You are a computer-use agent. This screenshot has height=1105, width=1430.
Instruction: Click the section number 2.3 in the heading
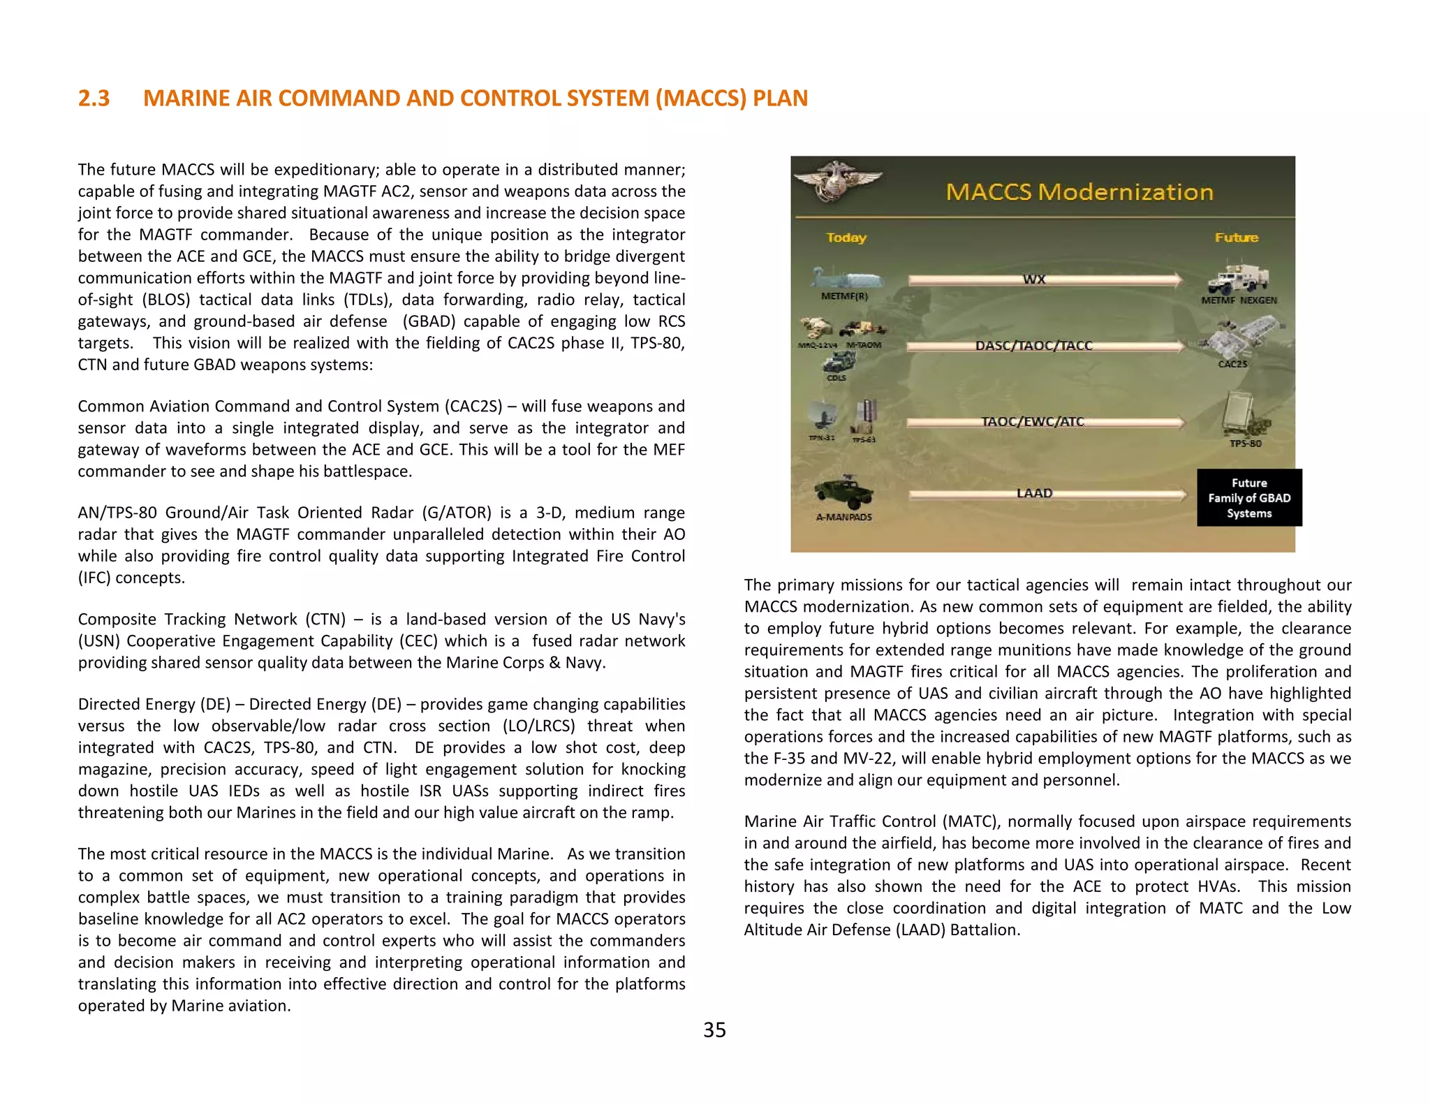click(x=94, y=98)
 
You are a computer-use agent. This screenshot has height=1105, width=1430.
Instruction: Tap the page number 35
click(x=714, y=1030)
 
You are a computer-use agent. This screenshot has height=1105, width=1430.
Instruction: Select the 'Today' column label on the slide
click(x=846, y=237)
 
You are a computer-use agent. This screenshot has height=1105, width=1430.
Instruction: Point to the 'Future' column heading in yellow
click(x=1236, y=237)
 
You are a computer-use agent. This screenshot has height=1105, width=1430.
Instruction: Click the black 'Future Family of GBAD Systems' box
click(x=1249, y=498)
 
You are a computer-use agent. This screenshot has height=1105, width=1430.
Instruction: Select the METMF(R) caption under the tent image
click(x=844, y=296)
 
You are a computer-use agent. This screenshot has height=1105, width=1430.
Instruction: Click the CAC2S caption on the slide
click(x=1232, y=364)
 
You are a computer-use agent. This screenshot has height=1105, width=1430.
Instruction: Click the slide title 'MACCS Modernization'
click(x=1079, y=192)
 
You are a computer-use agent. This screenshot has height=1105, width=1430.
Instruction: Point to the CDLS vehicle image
click(x=839, y=363)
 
